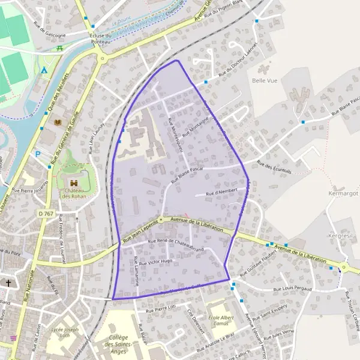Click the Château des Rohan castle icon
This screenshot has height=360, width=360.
[x=74, y=183]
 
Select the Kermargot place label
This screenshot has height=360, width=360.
[x=343, y=194]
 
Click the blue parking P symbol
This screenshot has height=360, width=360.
[x=38, y=154]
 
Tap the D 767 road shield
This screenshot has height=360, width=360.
[x=46, y=214]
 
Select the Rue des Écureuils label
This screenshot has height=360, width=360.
[x=274, y=166]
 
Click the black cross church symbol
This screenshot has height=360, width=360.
[x=8, y=283]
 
